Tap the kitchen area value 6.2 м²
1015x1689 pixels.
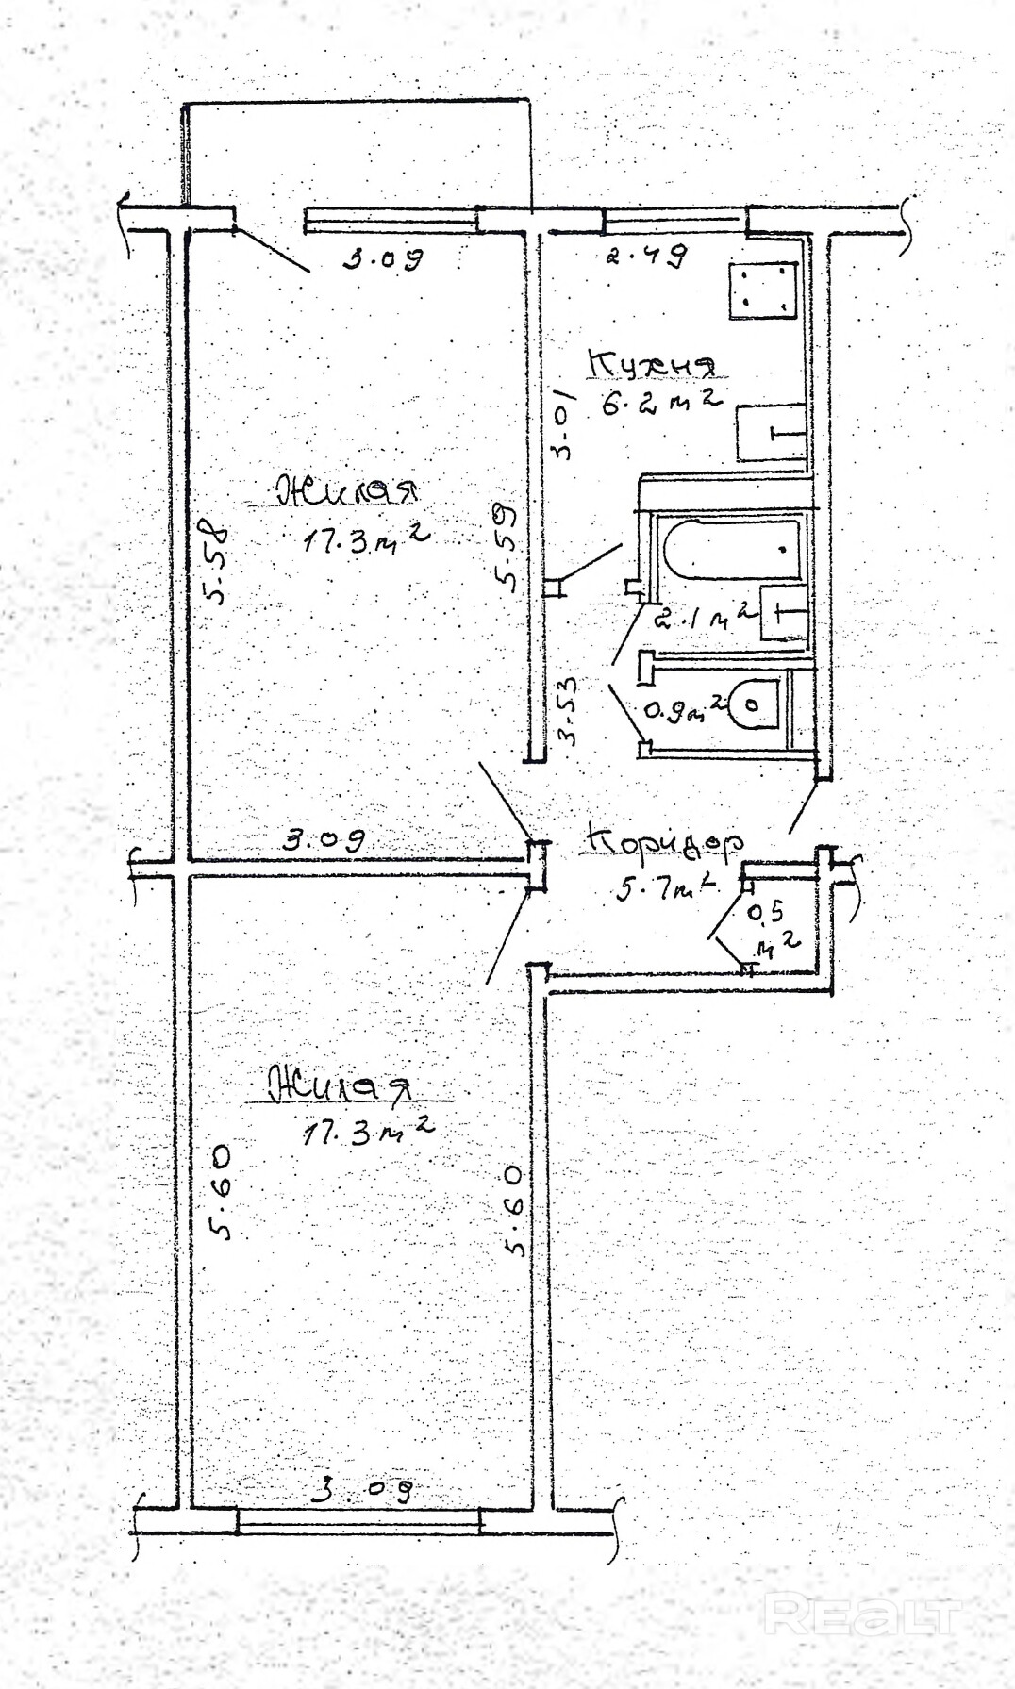660,403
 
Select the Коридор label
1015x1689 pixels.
664,842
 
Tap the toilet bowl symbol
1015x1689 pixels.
752,703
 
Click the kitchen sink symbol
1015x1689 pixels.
771,432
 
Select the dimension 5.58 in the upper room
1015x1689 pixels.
217,567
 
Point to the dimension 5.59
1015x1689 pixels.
507,549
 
